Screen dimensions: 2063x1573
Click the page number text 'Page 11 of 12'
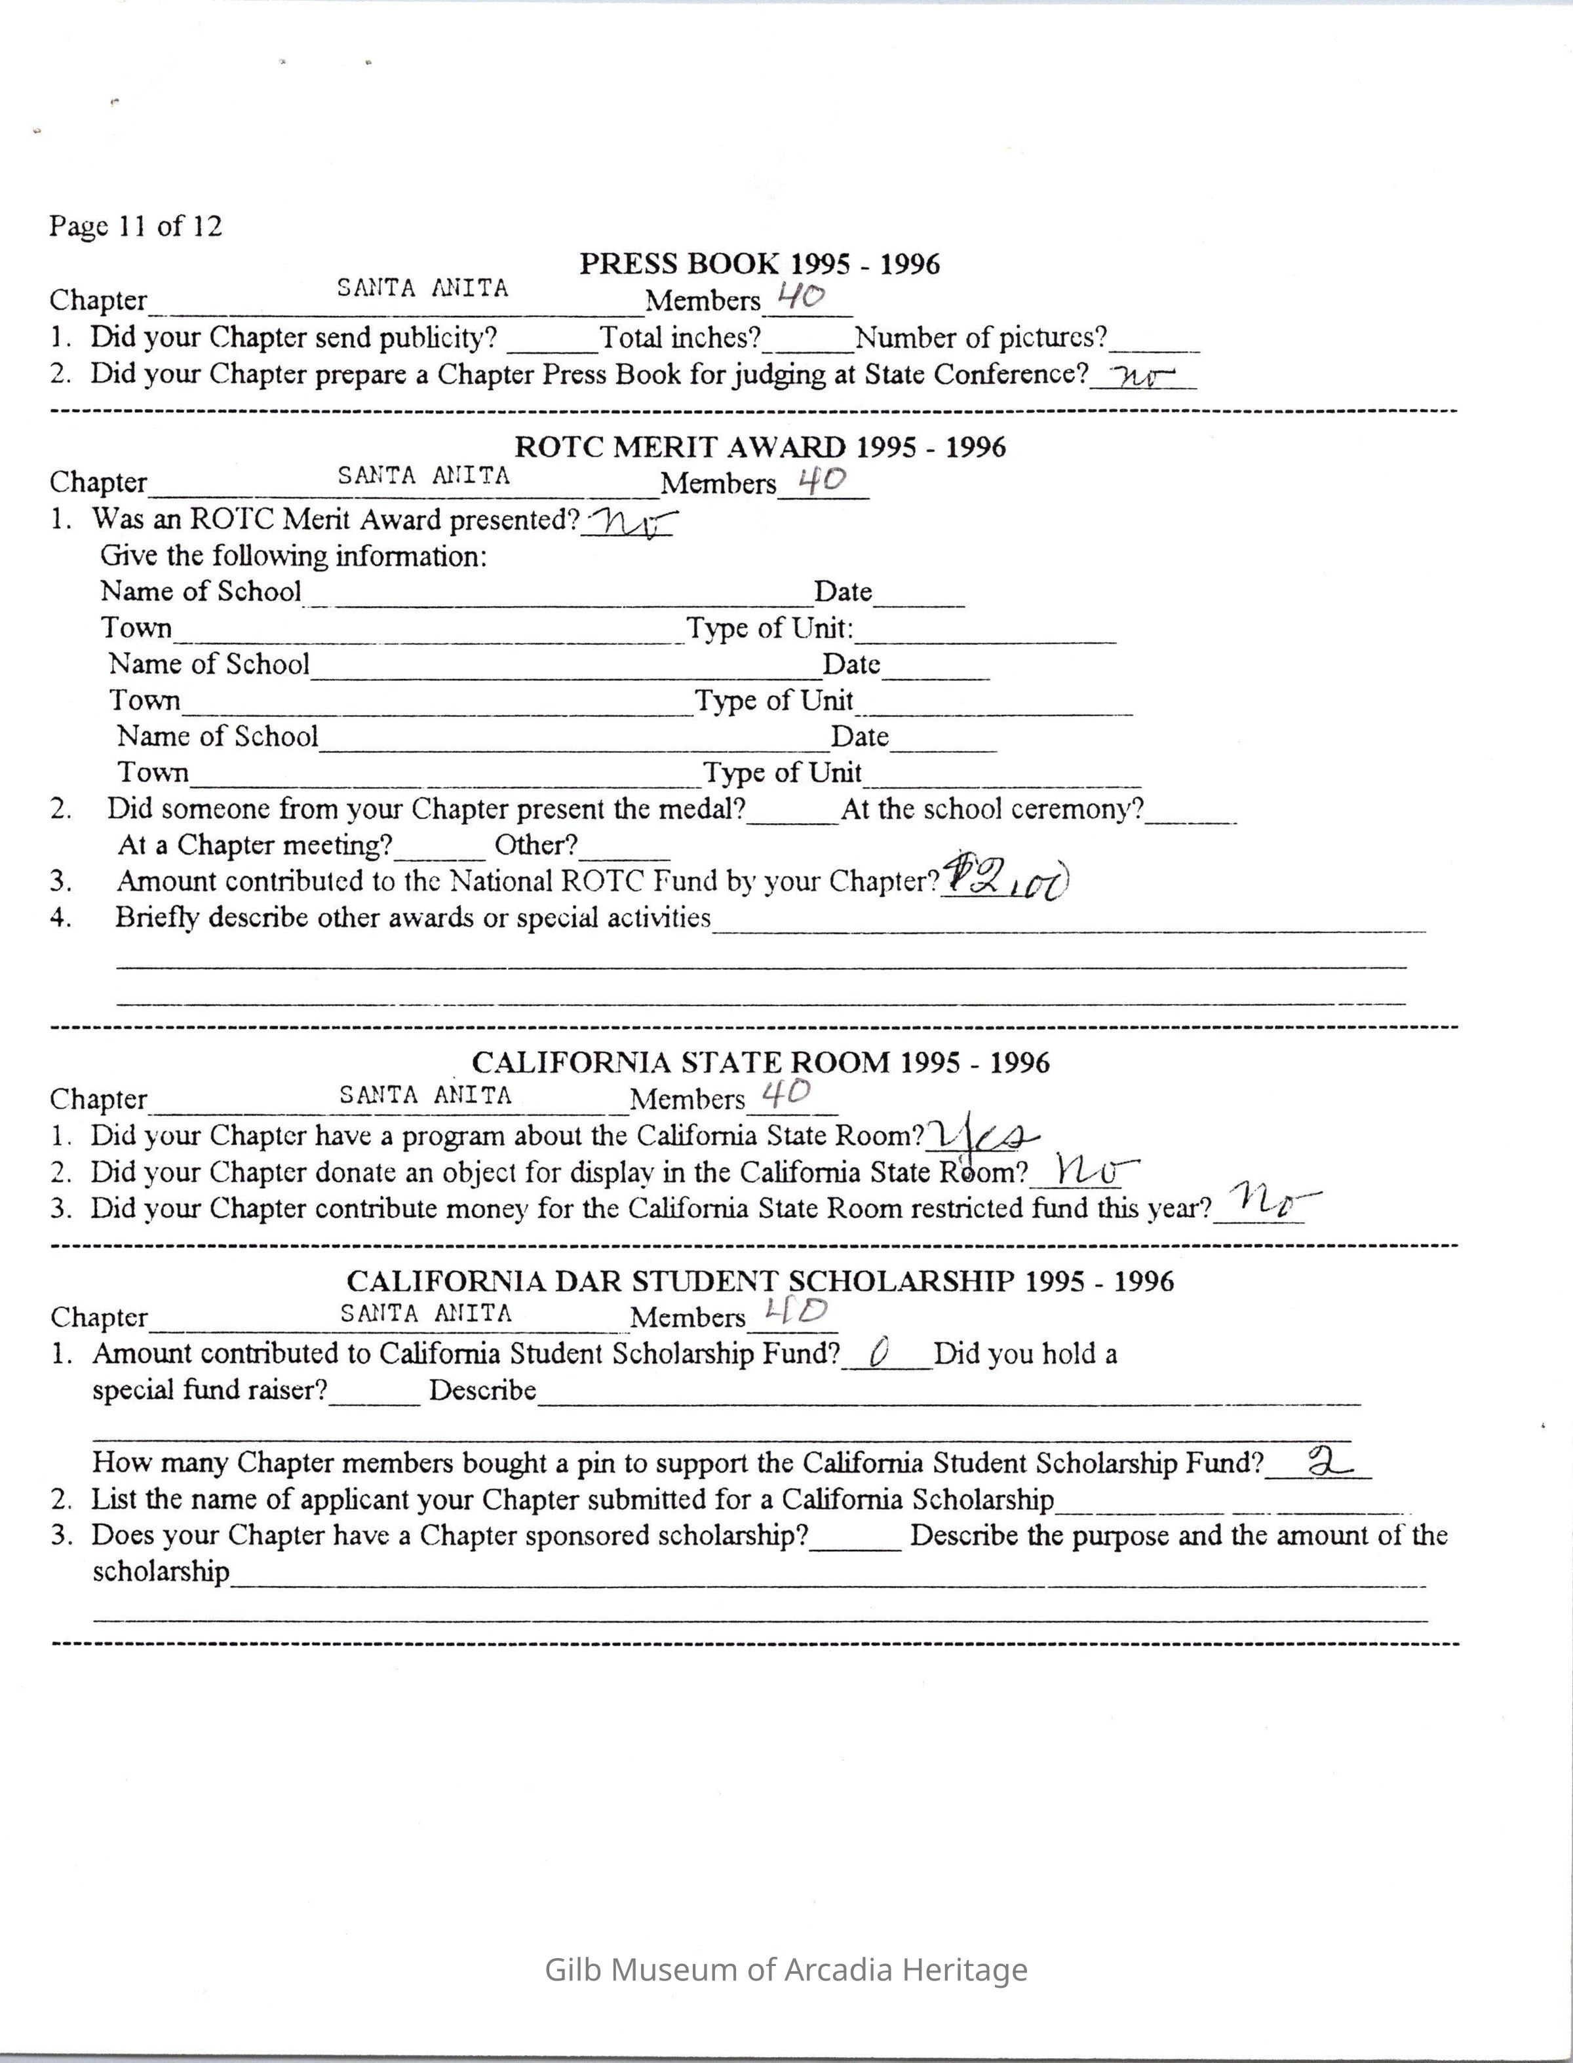[x=136, y=227]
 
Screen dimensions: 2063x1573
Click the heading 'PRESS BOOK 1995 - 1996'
[x=760, y=264]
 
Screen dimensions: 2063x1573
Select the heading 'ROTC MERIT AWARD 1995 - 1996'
[x=760, y=448]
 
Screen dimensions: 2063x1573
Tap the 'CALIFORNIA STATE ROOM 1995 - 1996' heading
[x=760, y=1062]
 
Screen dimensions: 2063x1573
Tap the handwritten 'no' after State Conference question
[x=1142, y=376]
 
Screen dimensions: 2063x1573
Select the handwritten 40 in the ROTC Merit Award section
[x=822, y=480]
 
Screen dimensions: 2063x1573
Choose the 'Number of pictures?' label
[x=981, y=337]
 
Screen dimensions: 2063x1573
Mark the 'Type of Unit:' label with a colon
[x=769, y=628]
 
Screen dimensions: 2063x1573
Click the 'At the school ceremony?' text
[x=992, y=809]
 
